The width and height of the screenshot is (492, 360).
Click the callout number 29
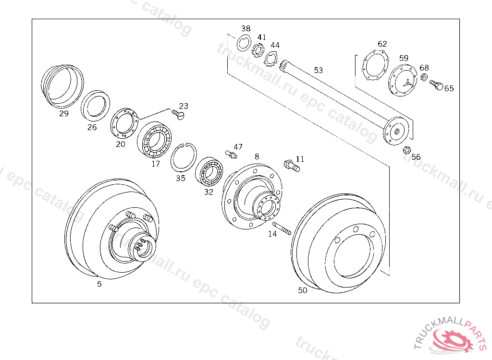pos(64,113)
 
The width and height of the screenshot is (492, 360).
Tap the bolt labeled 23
pos(178,114)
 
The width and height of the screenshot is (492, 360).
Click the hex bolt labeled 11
pos(292,166)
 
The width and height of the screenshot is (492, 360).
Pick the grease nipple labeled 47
pos(231,154)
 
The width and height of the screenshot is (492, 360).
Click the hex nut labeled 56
pos(406,150)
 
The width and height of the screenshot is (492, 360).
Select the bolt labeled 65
pos(436,84)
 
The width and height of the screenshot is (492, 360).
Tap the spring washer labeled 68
pos(424,77)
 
